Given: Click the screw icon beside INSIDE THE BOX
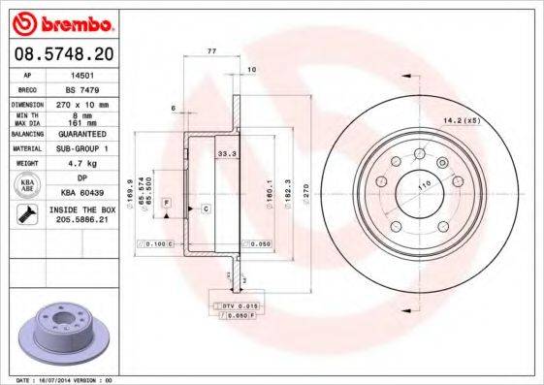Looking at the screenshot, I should tap(25, 214).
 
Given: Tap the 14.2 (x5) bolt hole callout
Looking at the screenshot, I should tap(462, 120).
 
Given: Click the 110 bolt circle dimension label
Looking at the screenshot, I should tap(424, 184).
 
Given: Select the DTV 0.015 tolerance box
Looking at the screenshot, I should tap(238, 306).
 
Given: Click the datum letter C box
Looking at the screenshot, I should tap(207, 209).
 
